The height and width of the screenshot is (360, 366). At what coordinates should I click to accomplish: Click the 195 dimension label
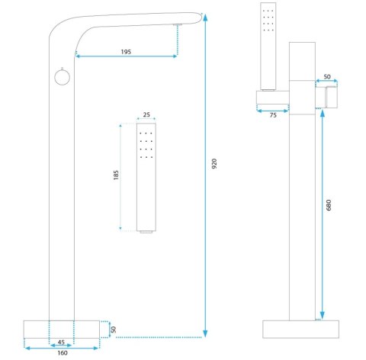[126, 52]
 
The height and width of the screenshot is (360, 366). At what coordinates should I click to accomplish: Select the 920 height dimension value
[214, 164]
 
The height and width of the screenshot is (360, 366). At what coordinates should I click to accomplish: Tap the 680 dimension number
[329, 205]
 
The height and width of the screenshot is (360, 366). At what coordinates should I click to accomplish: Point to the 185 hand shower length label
[116, 175]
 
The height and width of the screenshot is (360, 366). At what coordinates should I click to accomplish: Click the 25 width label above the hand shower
[146, 114]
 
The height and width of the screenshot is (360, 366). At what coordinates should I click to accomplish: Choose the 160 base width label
[63, 353]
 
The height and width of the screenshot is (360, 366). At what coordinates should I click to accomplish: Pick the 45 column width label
[61, 342]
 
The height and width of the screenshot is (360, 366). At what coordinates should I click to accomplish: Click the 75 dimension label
[273, 115]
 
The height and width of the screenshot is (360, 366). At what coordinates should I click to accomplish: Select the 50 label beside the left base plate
[114, 329]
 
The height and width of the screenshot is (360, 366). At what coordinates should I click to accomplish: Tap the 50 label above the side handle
[327, 76]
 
